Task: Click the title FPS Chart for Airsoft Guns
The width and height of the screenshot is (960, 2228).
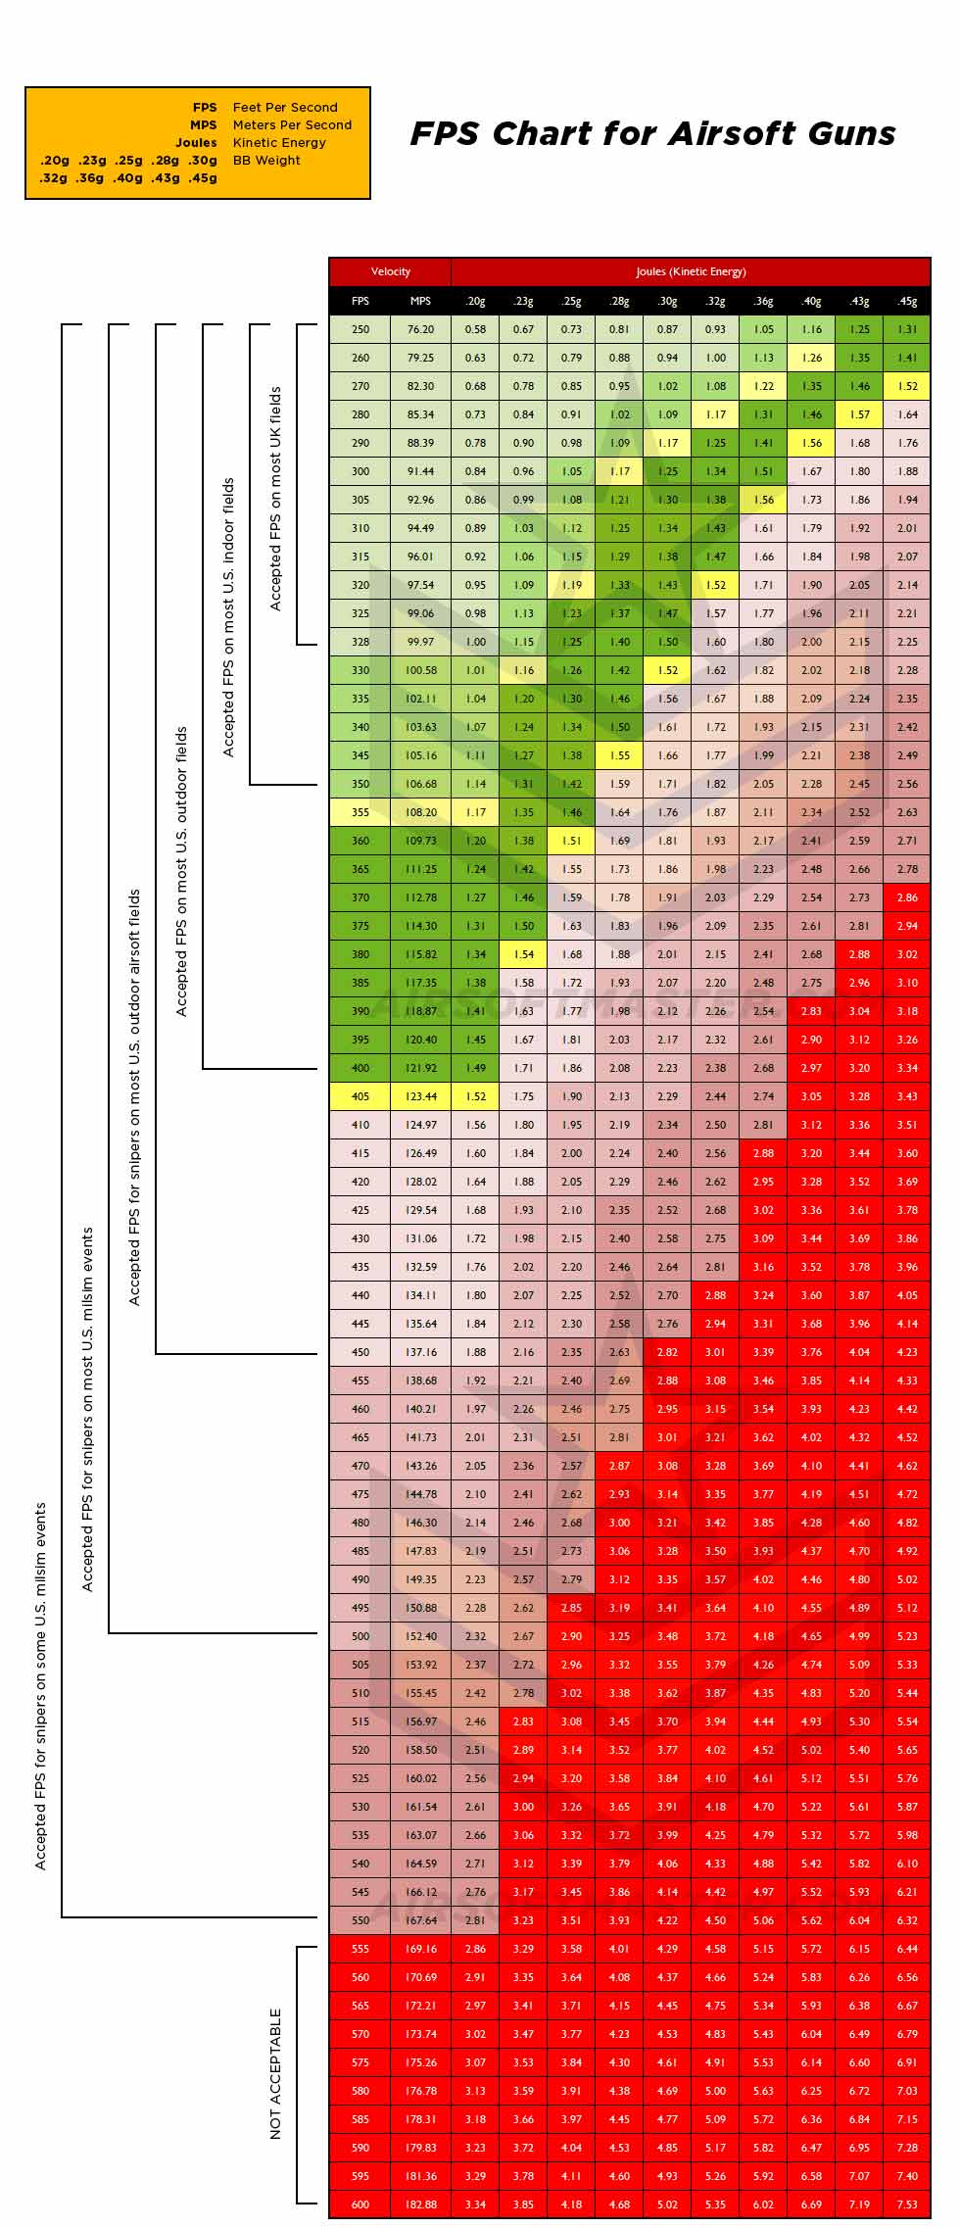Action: click(x=652, y=133)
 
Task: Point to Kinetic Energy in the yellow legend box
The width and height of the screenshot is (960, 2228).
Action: click(x=279, y=143)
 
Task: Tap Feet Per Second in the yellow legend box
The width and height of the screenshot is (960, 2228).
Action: click(x=285, y=108)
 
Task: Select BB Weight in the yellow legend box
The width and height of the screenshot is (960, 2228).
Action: click(x=266, y=161)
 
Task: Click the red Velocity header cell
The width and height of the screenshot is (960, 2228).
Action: click(x=390, y=271)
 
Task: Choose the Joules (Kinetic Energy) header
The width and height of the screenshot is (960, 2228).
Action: click(x=690, y=271)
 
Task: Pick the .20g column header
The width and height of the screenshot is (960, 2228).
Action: click(x=475, y=301)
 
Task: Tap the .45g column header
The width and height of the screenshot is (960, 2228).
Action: click(x=907, y=301)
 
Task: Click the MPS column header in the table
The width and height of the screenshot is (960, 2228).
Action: click(x=420, y=301)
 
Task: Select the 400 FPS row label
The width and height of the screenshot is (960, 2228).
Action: click(x=360, y=1068)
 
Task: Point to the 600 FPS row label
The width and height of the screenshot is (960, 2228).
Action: click(x=360, y=2204)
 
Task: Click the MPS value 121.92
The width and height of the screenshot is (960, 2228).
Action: click(x=420, y=1068)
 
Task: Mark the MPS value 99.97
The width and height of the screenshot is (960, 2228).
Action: click(x=420, y=642)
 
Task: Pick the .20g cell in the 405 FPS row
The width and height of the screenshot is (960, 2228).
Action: click(x=475, y=1096)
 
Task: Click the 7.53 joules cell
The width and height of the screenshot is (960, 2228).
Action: click(x=907, y=2204)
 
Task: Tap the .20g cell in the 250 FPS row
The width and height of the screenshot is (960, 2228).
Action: click(x=475, y=329)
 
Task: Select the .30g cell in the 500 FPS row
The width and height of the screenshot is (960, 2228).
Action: click(x=667, y=1636)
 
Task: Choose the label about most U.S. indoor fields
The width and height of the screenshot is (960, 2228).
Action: click(x=228, y=617)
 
